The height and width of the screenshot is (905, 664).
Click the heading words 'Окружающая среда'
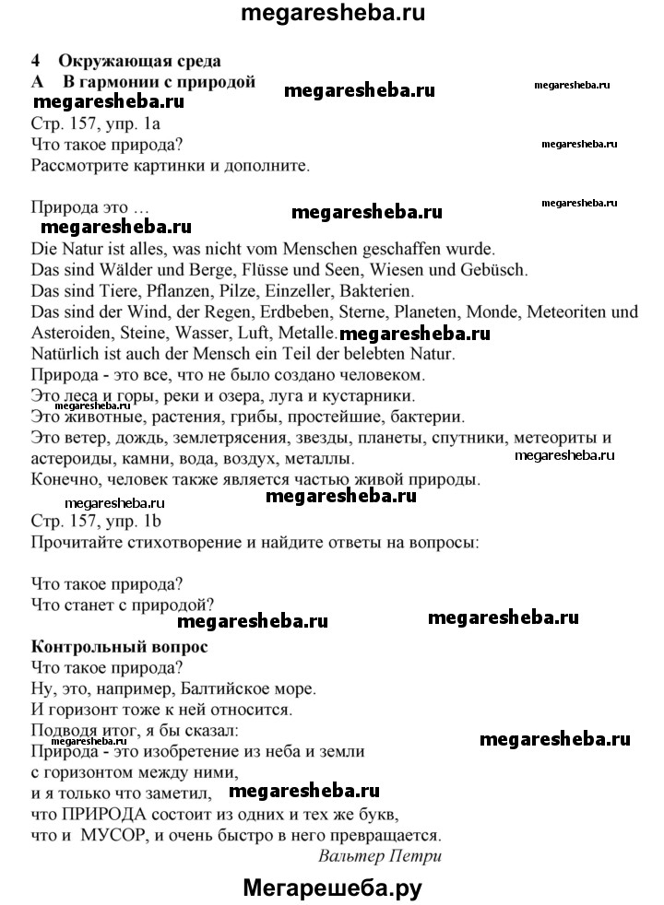tap(139, 62)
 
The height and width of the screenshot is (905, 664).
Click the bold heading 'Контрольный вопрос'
tap(119, 646)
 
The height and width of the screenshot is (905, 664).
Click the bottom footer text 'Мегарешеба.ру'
tap(332, 887)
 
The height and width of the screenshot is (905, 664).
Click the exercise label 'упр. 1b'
tap(132, 522)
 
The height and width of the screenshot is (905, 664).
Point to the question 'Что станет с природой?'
tap(123, 605)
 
